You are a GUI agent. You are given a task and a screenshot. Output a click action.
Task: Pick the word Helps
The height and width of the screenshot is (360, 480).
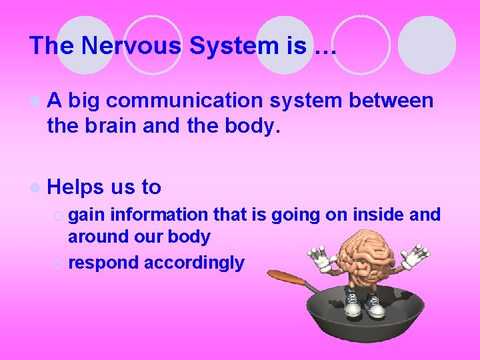80,187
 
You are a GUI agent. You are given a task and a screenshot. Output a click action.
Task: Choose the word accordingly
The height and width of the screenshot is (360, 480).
194,263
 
